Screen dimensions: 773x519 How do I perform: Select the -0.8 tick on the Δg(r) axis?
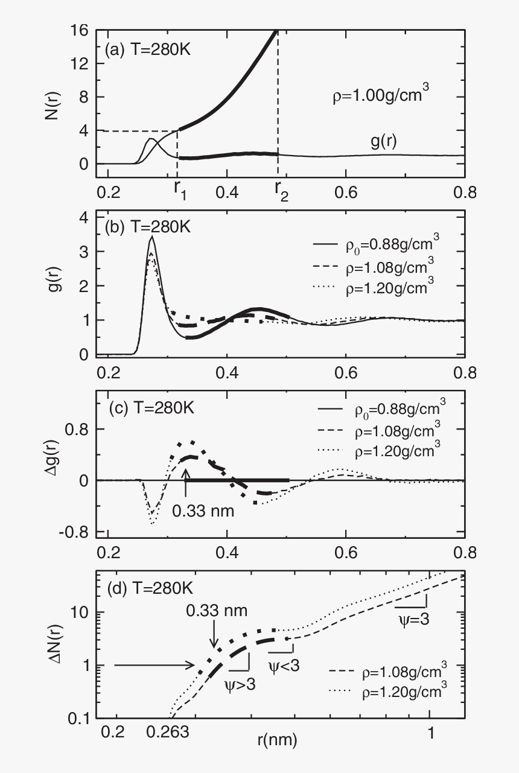pyautogui.click(x=76, y=532)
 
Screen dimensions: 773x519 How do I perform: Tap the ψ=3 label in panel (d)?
pyautogui.click(x=413, y=619)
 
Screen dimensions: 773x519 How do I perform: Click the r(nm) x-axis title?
pyautogui.click(x=275, y=740)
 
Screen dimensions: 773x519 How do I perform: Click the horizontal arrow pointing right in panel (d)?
pyautogui.click(x=154, y=666)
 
